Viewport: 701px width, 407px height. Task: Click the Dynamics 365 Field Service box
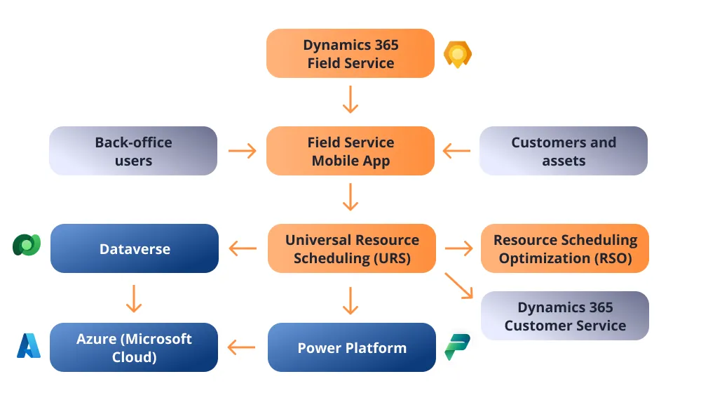350,53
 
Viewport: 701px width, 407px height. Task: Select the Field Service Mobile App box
350,151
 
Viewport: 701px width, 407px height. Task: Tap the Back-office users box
133,151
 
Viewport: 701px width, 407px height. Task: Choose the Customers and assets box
564,151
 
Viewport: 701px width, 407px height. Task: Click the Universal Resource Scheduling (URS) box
352,248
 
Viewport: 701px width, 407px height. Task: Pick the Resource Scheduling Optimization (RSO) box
565,248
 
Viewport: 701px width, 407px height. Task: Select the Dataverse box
135,248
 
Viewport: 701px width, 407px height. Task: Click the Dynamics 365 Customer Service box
565,316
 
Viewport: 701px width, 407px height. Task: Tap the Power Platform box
352,347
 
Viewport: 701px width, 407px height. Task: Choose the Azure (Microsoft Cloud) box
134,347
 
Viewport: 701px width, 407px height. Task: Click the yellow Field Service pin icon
458,54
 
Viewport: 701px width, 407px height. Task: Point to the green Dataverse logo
27,245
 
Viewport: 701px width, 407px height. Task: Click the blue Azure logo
29,346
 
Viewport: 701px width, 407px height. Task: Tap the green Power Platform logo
458,347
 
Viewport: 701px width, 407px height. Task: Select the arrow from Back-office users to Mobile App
243,151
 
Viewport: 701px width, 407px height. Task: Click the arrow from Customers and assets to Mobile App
457,151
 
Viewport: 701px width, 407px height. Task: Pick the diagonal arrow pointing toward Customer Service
459,286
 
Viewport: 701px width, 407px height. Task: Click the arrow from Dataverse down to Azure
134,298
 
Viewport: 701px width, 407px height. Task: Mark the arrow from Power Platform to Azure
243,347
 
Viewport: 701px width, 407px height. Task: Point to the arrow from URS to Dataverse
243,248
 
